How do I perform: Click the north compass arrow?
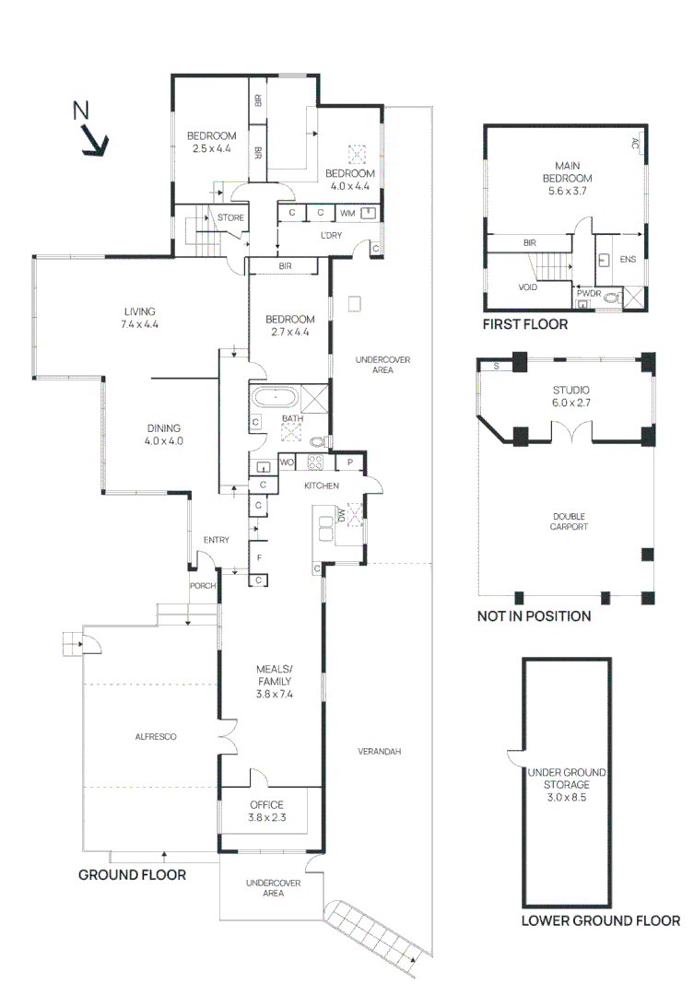coord(96,141)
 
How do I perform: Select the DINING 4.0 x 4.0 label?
coord(164,435)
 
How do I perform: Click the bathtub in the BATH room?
coord(275,398)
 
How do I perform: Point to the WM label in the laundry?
coord(347,213)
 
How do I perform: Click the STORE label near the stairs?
coord(230,217)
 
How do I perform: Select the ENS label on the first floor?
coord(628,259)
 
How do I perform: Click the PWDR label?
coord(589,294)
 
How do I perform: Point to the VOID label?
coord(528,287)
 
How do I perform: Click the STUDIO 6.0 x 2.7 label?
coord(570,396)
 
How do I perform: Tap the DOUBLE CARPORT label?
coord(569,521)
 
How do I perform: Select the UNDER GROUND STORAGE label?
coord(567,785)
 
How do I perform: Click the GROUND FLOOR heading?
coord(132,875)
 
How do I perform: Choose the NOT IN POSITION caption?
coord(534,616)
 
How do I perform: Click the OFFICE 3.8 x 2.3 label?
coord(266,811)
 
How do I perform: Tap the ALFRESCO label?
coord(156,737)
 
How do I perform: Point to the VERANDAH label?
coord(380,752)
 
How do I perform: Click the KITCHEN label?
coord(322,486)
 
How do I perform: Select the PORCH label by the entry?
coord(203,586)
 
